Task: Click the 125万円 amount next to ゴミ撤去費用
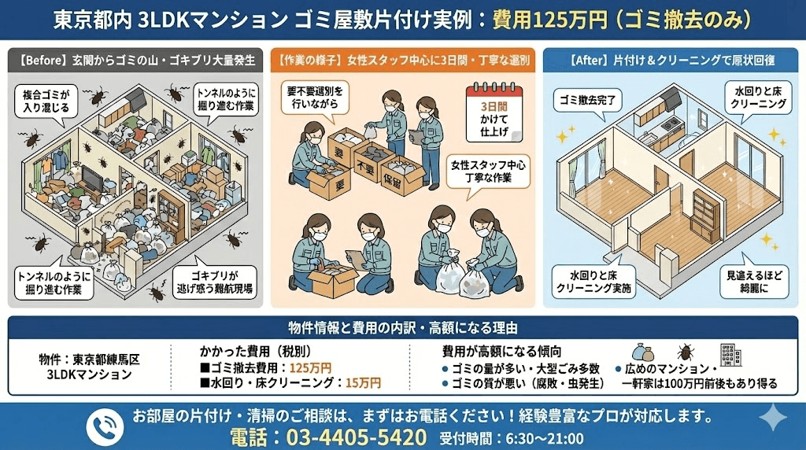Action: click(310, 367)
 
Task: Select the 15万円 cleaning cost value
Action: click(362, 383)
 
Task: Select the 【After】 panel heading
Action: click(674, 60)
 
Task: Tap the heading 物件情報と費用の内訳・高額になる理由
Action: click(403, 326)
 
